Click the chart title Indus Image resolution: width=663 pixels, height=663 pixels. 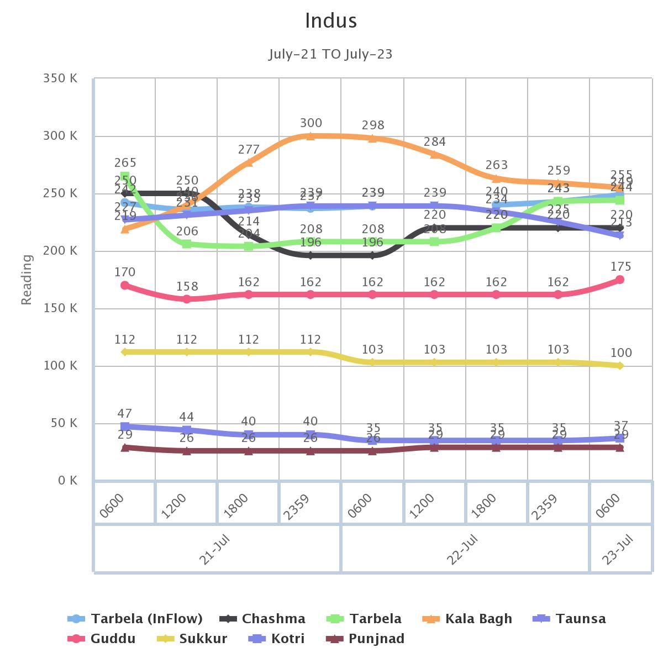pyautogui.click(x=331, y=21)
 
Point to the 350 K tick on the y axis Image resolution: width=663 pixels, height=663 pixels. pyautogui.click(x=60, y=78)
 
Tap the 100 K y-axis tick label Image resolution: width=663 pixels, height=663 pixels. pyautogui.click(x=60, y=366)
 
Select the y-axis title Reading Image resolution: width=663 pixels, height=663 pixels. pyautogui.click(x=27, y=280)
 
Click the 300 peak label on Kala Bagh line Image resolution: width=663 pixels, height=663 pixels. pyautogui.click(x=311, y=123)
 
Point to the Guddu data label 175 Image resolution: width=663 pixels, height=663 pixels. pyautogui.click(x=620, y=267)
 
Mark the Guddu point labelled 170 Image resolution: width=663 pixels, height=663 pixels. pyautogui.click(x=125, y=286)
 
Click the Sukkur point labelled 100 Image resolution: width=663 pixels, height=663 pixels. pyautogui.click(x=620, y=366)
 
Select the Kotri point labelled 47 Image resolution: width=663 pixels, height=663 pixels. pyautogui.click(x=125, y=427)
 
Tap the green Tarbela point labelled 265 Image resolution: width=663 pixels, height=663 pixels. pyautogui.click(x=125, y=177)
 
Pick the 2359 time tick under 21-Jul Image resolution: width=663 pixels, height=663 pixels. pyautogui.click(x=296, y=506)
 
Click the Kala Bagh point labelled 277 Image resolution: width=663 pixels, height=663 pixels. pyautogui.click(x=249, y=162)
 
